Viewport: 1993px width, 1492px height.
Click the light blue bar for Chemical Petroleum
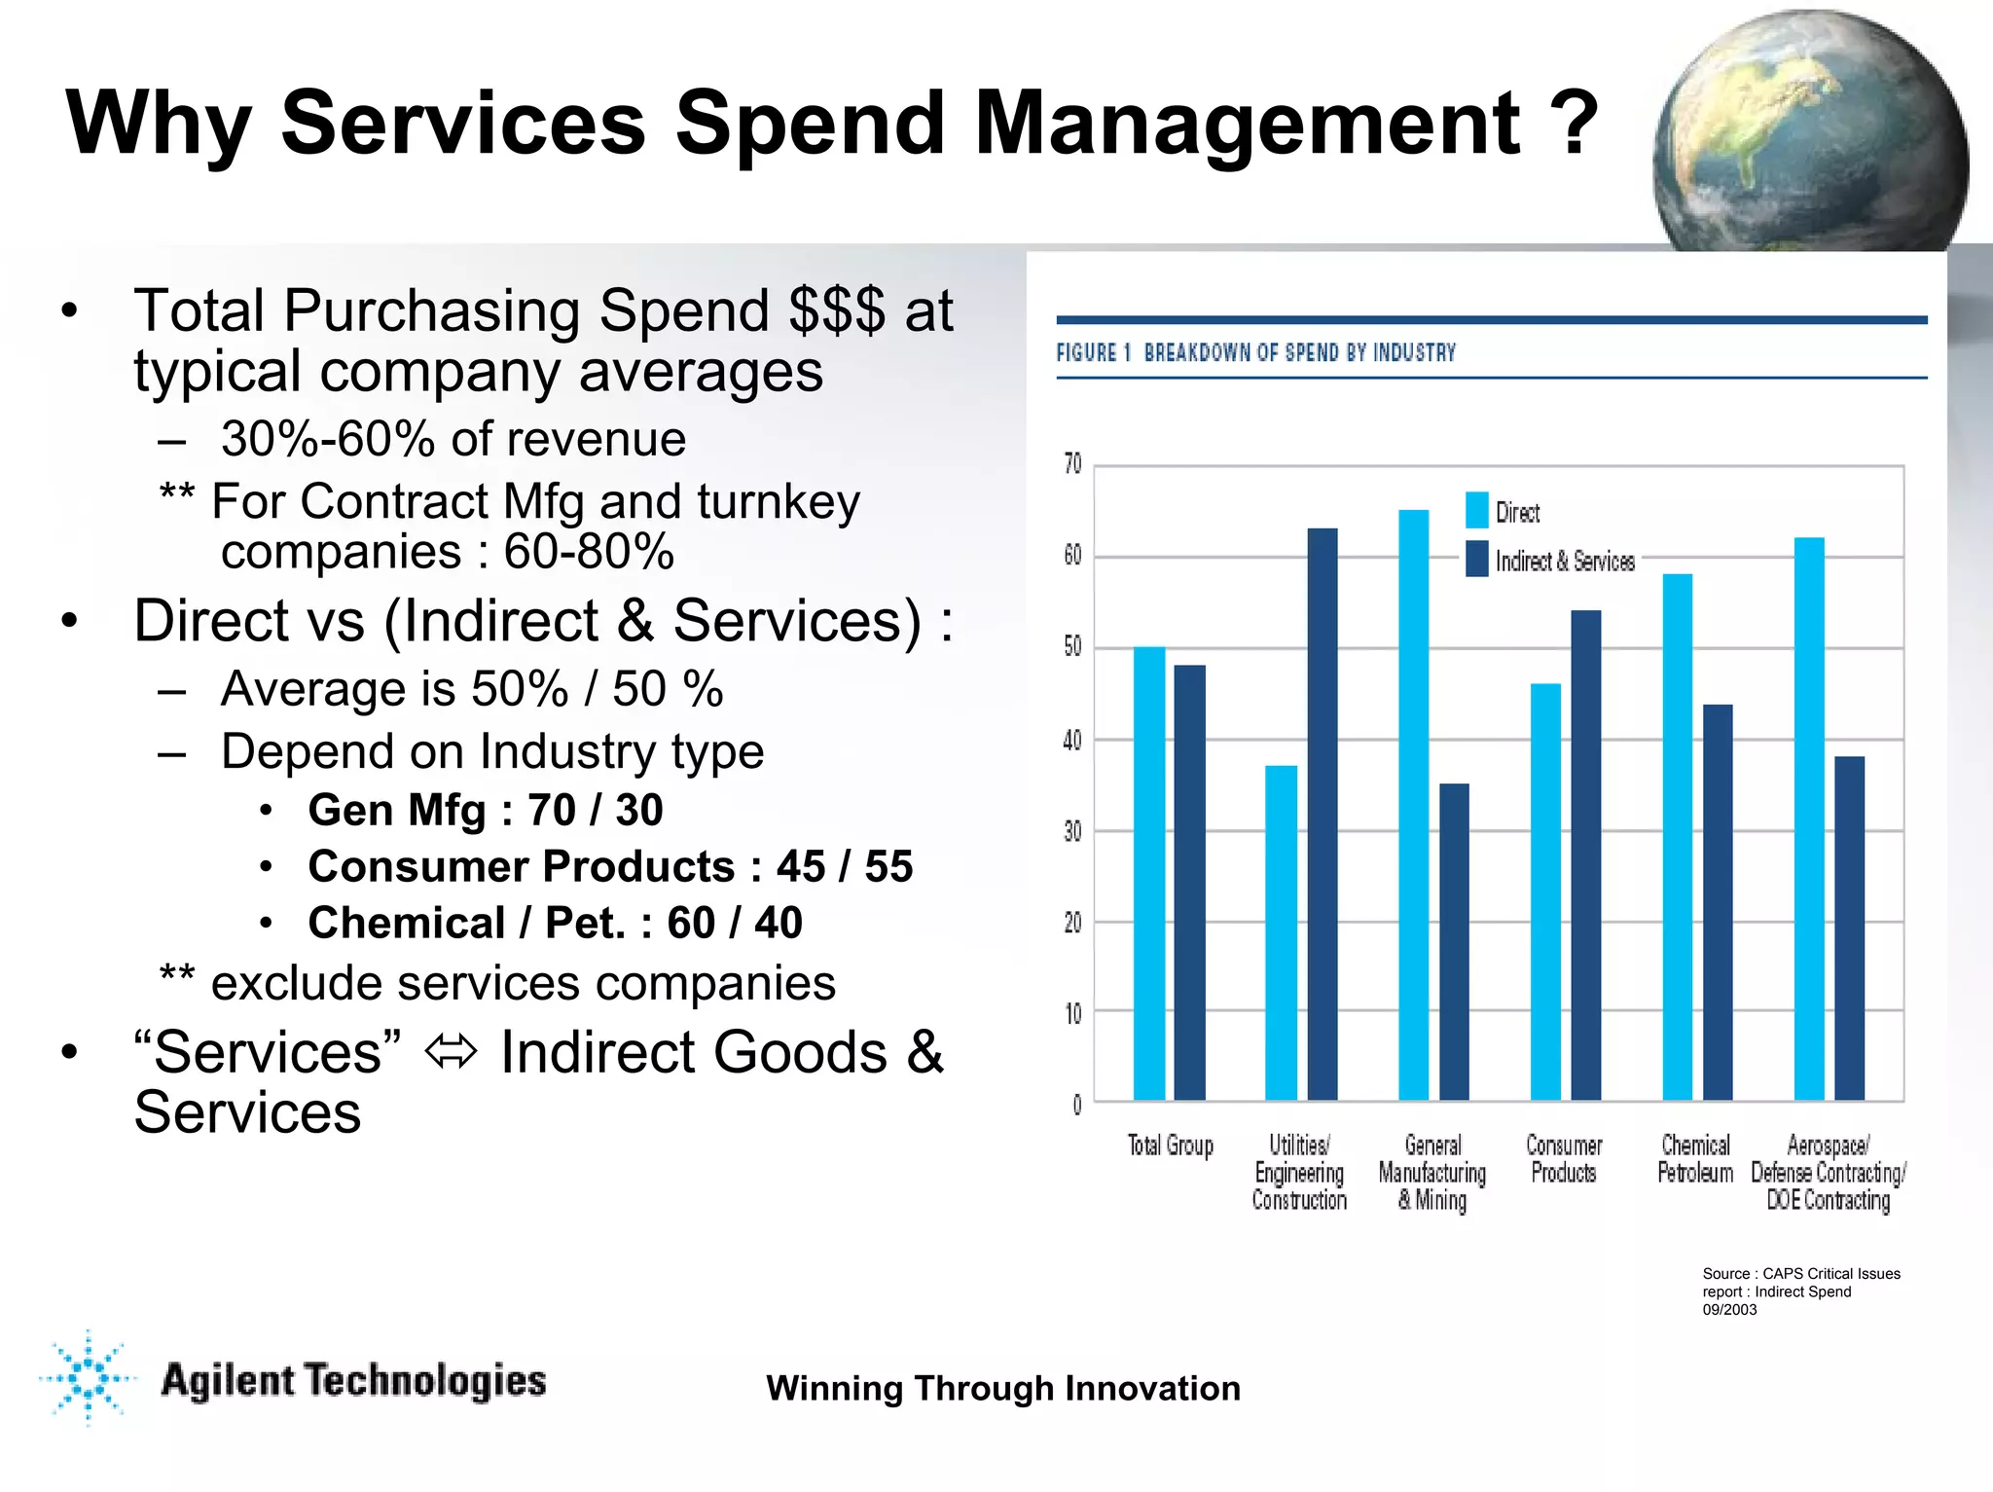(x=1677, y=837)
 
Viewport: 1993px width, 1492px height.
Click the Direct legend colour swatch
(x=1476, y=511)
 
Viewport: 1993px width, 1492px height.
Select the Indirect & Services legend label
(x=1565, y=562)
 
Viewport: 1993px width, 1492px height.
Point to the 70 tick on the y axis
(x=1072, y=464)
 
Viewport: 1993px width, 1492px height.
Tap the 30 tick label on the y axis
(x=1072, y=831)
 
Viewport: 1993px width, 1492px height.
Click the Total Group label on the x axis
(x=1171, y=1146)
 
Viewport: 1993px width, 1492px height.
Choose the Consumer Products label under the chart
(x=1564, y=1159)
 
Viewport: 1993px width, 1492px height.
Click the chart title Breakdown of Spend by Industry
(x=1299, y=352)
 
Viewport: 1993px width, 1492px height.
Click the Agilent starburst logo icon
(x=89, y=1377)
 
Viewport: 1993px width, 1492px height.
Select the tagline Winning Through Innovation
(x=1003, y=1388)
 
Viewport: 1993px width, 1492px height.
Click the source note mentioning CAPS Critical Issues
(x=1800, y=1291)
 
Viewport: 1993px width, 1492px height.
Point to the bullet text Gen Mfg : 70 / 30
(x=485, y=810)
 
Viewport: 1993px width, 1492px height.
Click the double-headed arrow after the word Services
(x=452, y=1052)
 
